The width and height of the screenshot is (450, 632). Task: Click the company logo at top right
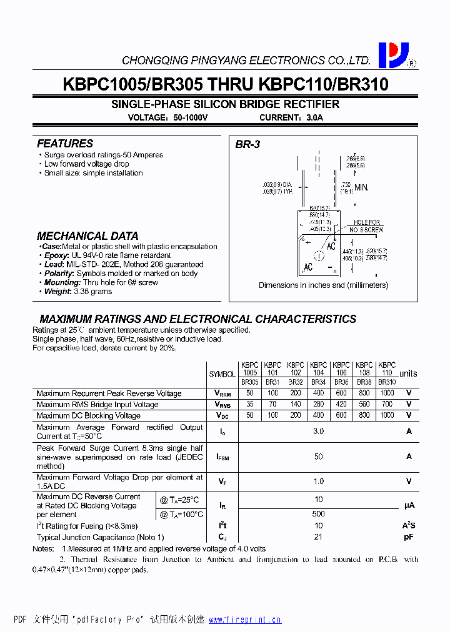(394, 55)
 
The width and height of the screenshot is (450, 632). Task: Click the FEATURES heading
(65, 144)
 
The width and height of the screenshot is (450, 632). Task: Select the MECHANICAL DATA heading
(87, 236)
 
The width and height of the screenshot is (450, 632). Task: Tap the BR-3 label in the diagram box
(247, 144)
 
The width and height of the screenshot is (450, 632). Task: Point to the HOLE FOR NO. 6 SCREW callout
(366, 226)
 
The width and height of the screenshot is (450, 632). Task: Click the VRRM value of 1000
(387, 393)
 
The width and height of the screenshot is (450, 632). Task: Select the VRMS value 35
(250, 405)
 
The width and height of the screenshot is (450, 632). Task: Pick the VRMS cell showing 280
(318, 405)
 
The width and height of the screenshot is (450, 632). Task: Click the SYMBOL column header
(222, 374)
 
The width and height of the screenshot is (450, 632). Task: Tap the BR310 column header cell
(387, 382)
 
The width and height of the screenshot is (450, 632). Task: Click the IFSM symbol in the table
(222, 457)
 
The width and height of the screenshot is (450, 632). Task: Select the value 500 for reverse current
(319, 515)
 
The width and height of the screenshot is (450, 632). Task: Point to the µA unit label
(409, 505)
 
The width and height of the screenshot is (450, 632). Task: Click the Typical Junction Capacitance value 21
(319, 537)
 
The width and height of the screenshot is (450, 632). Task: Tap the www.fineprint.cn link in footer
(244, 620)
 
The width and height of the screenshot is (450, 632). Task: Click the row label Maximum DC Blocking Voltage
(89, 415)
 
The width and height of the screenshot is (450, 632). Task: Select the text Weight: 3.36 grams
(77, 292)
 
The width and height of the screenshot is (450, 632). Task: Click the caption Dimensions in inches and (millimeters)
(323, 285)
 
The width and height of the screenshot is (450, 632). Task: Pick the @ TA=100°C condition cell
(182, 515)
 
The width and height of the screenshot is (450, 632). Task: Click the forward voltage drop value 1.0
(319, 481)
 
